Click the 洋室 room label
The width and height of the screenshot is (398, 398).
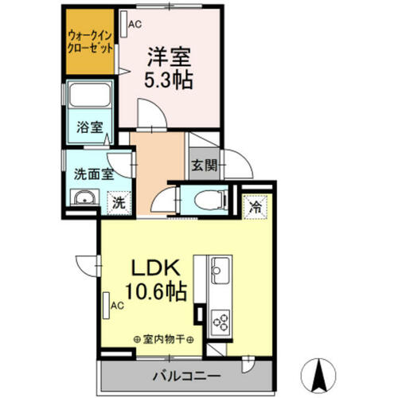tap(166, 58)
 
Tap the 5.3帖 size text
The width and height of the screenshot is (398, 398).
tap(166, 80)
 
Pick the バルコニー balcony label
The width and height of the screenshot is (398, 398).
tap(182, 375)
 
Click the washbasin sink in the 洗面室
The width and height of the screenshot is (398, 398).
tap(80, 199)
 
